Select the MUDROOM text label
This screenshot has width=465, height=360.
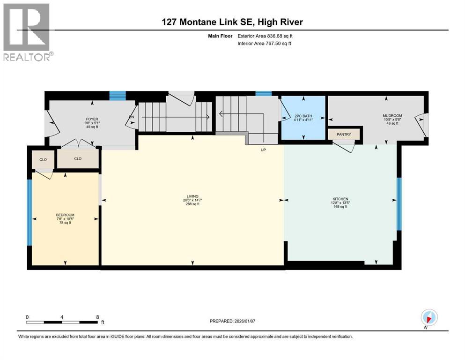click(392, 116)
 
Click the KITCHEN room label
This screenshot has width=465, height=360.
click(340, 199)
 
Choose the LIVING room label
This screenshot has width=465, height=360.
click(192, 196)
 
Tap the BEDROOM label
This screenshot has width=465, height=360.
click(65, 215)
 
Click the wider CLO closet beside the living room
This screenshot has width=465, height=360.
click(78, 159)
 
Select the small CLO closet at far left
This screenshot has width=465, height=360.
click(43, 159)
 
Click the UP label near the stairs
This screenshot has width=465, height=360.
click(263, 150)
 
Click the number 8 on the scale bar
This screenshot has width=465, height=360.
click(97, 316)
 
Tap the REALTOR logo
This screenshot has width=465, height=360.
click(28, 32)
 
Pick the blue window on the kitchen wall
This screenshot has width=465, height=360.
click(399, 204)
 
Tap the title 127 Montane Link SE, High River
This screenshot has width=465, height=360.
click(233, 22)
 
